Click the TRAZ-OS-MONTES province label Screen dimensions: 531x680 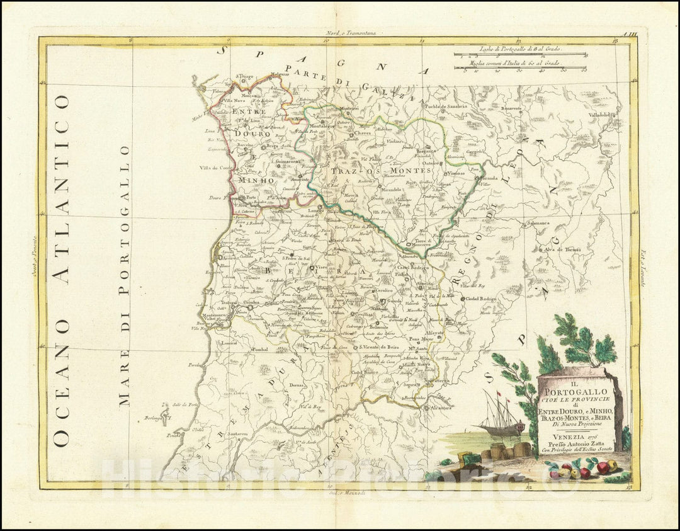coord(382,170)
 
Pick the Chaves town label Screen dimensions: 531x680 coord(363,134)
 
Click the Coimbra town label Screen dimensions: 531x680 coord(252,302)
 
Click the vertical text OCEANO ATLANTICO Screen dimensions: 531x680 coord(62,270)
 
